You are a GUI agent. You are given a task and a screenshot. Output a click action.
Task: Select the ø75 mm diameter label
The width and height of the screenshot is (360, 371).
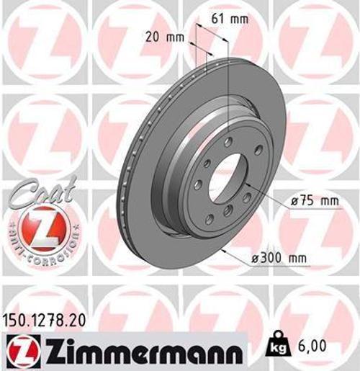pos(315,201)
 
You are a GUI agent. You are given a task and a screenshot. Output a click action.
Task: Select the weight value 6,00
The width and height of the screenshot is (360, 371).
pos(312,347)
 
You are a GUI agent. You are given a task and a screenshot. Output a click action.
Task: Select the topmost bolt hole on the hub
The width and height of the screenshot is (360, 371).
pos(229,141)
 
